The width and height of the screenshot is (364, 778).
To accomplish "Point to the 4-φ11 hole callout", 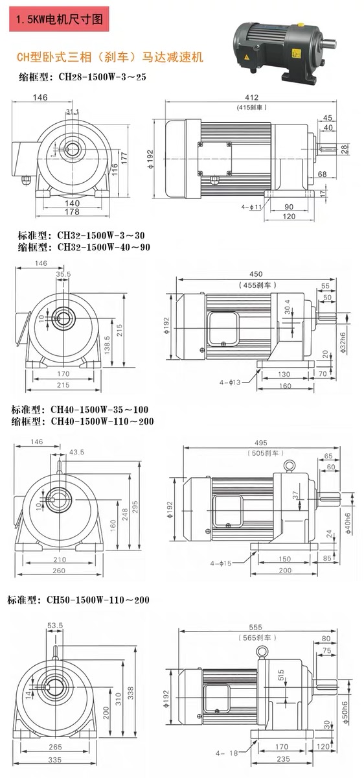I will tap(250, 207).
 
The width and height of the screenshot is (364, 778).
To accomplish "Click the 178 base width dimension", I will tap(72, 212).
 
